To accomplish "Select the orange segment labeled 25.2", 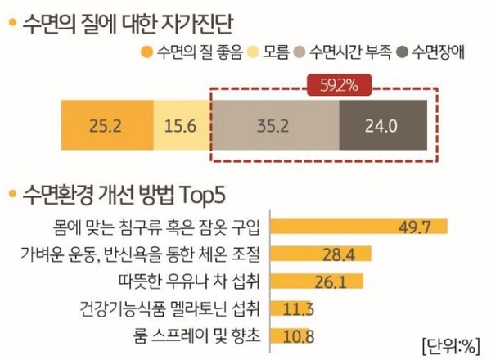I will pyautogui.click(x=107, y=125).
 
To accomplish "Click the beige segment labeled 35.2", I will pyautogui.click(x=276, y=125).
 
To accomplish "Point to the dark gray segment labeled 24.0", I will pyautogui.click(x=381, y=125).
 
